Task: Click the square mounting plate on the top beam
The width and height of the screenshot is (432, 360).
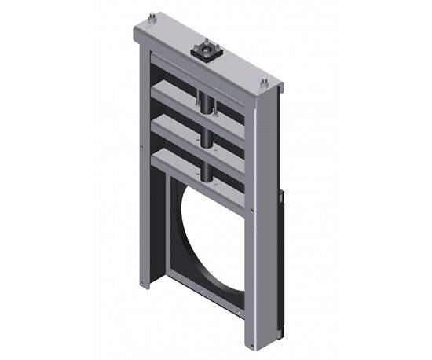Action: [x=206, y=50]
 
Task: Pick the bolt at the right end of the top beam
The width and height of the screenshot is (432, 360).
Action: [x=265, y=82]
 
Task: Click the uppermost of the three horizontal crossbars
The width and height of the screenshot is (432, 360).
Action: [x=196, y=97]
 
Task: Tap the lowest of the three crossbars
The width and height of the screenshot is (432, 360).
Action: [x=196, y=165]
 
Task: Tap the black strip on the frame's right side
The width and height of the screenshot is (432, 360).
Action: [x=280, y=259]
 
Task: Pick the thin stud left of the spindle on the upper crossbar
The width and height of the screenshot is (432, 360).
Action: [x=195, y=100]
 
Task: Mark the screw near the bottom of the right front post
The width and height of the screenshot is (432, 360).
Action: [x=250, y=314]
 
